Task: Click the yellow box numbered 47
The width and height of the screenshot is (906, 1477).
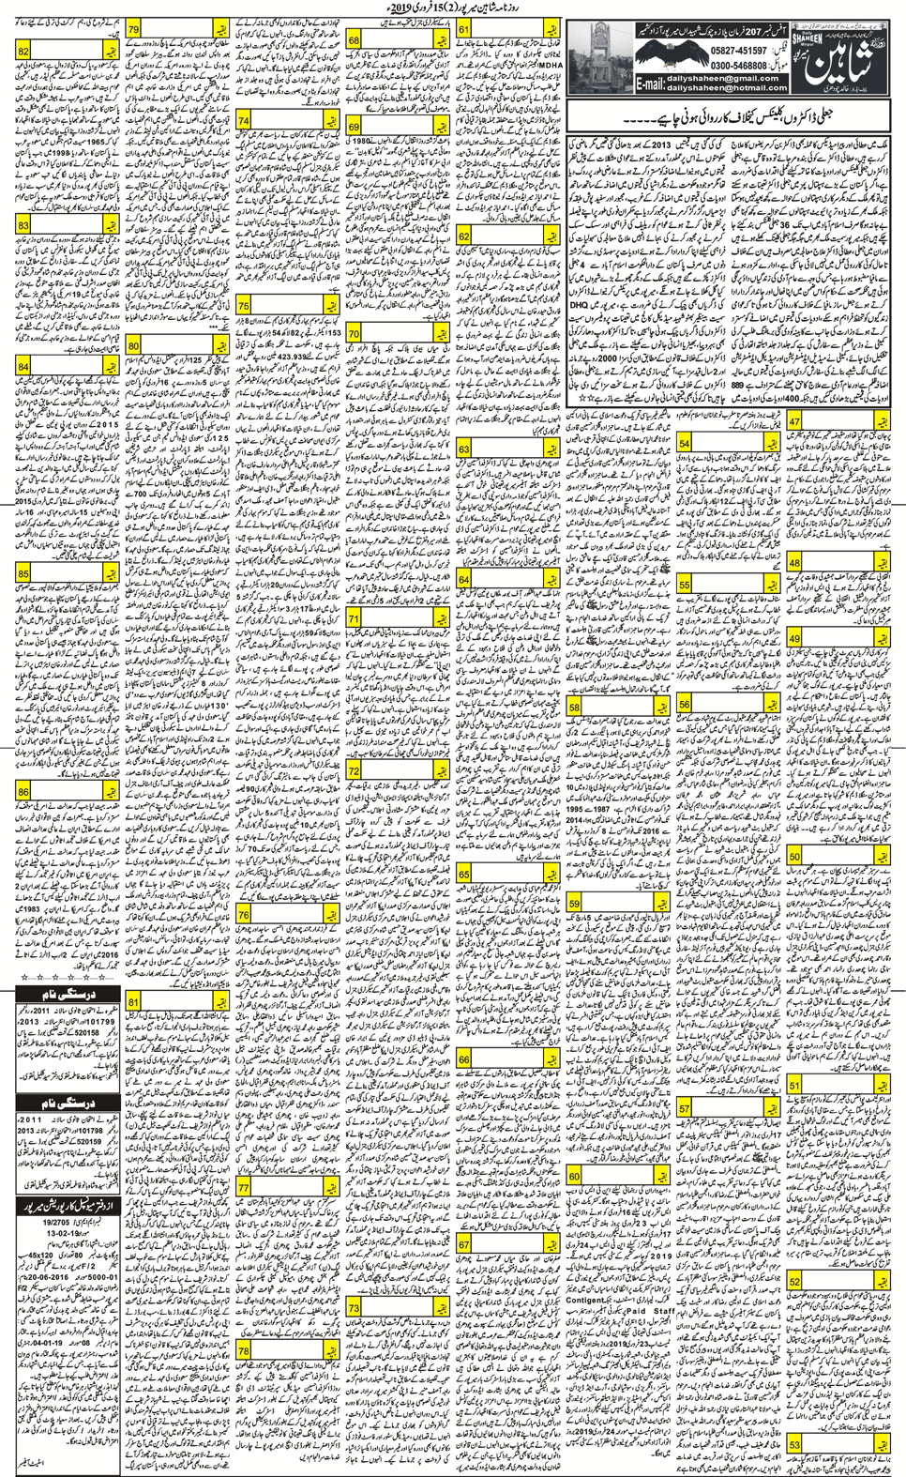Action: pos(795,423)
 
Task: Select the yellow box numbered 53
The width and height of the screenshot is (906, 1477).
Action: pos(795,1446)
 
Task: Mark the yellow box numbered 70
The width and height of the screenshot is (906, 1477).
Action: pos(354,333)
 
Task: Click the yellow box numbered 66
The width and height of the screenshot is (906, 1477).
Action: pos(464,1060)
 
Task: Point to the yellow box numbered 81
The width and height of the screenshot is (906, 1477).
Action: pos(133,1003)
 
